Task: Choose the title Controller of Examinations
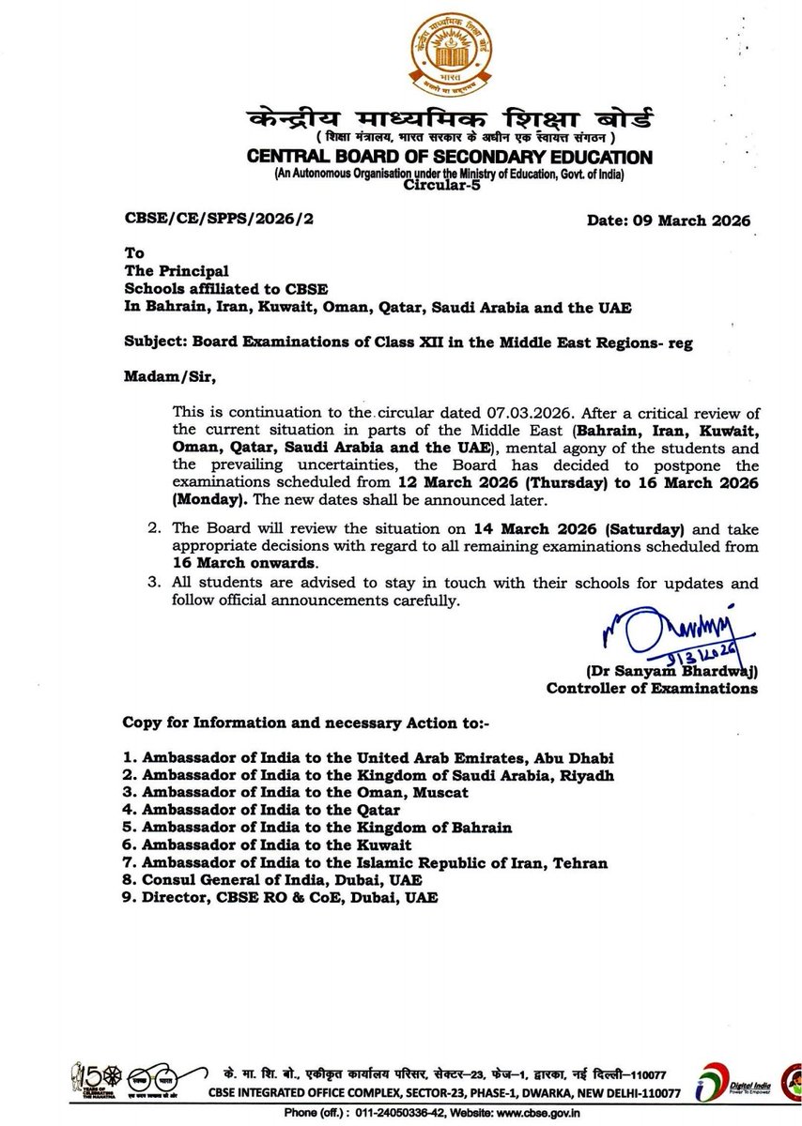pyautogui.click(x=652, y=688)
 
